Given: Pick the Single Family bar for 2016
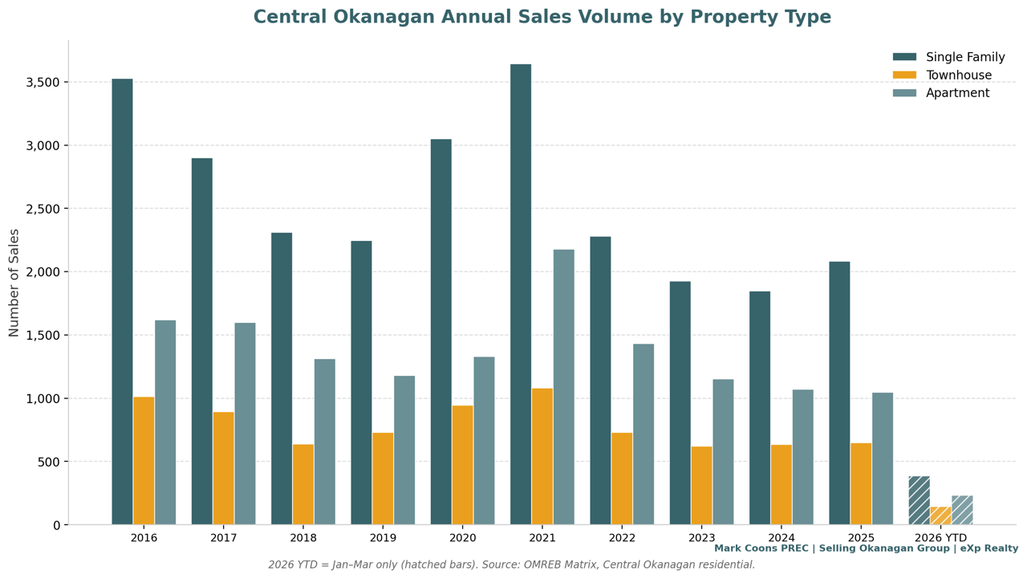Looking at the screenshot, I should pos(122,301).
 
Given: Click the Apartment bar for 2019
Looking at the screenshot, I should pos(404,450).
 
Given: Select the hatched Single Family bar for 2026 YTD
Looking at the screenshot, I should pos(919,500).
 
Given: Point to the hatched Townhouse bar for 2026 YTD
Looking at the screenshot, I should pos(940,516).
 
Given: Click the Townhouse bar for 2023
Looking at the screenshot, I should pos(701,485).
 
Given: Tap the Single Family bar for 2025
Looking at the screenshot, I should pos(839,393).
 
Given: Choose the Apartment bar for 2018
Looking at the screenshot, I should pos(324,442).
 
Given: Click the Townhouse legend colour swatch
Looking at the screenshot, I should pos(904,75).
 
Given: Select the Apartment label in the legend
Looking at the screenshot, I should pos(957,93).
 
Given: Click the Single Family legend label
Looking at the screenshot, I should pos(965,58).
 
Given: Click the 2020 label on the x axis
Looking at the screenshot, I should pos(462,538).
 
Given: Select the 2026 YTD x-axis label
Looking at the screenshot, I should pos(940,538).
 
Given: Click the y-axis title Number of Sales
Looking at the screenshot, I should pos(14,283).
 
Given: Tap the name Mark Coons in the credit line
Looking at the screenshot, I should pos(745,548).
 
